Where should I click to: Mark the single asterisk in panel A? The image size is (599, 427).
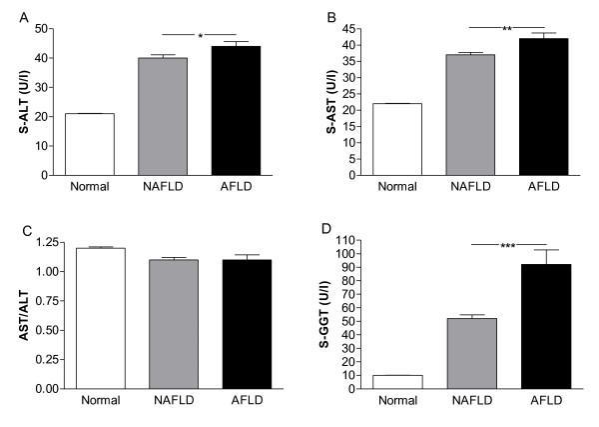[x=200, y=37]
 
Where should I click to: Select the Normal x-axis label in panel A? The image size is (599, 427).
[x=93, y=187]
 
